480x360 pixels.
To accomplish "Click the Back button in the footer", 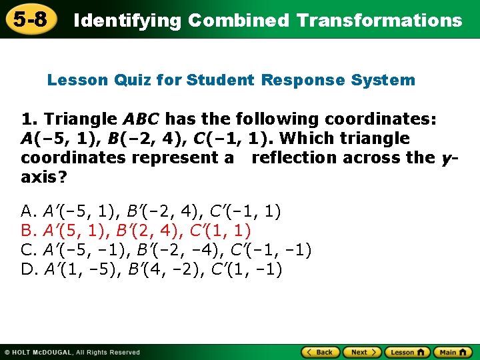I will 320,352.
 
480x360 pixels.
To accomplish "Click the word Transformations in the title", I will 379,20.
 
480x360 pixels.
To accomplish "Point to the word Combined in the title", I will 239,20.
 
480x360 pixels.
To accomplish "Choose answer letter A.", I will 28,212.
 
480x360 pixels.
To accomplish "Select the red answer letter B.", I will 28,231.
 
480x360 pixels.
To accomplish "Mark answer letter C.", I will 28,251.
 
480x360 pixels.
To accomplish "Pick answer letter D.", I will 29,270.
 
